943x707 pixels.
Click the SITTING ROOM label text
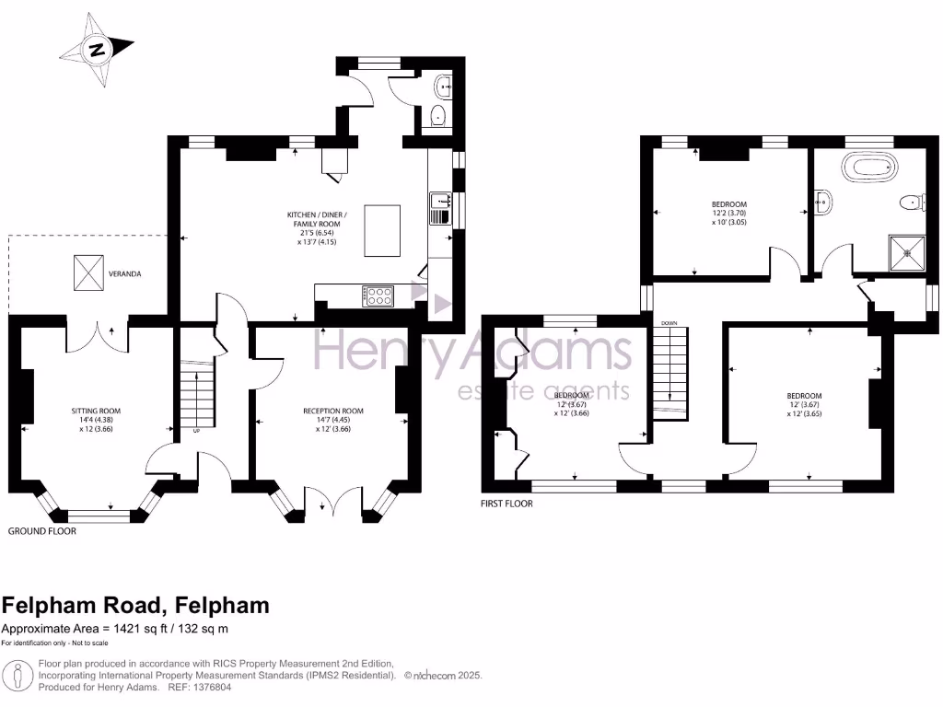coord(96,411)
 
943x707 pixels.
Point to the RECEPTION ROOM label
coord(333,411)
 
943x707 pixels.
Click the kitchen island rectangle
coord(383,231)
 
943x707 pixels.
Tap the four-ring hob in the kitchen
coord(378,296)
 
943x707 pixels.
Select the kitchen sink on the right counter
coord(439,200)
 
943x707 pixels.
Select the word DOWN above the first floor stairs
coord(669,323)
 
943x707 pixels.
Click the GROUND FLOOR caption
coord(42,531)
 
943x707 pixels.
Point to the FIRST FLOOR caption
coord(506,504)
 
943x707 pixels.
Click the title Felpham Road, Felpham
coord(135,605)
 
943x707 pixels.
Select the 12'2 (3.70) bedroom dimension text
coord(728,214)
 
